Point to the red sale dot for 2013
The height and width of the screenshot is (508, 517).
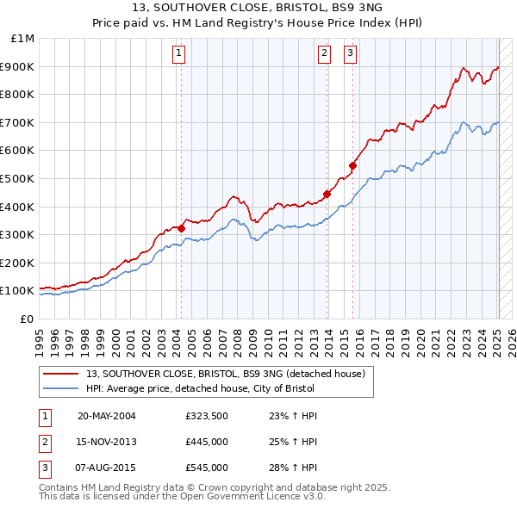pyautogui.click(x=327, y=194)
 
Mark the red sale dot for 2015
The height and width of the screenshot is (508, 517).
pyautogui.click(x=352, y=165)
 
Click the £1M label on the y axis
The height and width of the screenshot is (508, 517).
pyautogui.click(x=23, y=39)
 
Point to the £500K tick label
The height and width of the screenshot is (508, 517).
pyautogui.click(x=18, y=178)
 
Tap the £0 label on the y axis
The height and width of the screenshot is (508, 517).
pyautogui.click(x=28, y=319)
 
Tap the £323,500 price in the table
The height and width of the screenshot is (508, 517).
pyautogui.click(x=207, y=416)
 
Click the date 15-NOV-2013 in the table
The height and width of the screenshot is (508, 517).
pyautogui.click(x=107, y=442)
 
